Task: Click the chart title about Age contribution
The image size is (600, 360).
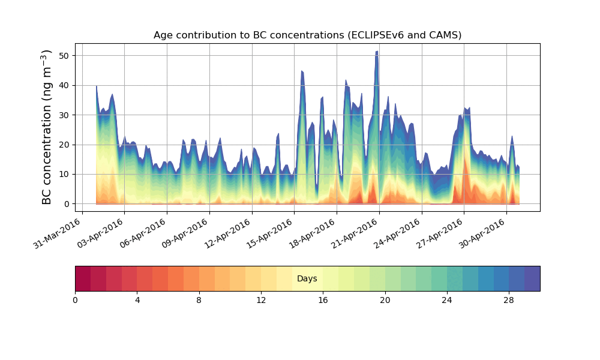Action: coord(307,35)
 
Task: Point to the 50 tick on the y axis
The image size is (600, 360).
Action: coord(67,55)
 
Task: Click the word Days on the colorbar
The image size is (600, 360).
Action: coord(307,279)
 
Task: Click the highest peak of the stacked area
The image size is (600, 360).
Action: coord(377,52)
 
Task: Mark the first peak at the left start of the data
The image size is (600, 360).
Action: coord(97,86)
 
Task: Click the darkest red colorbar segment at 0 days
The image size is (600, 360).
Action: coord(83,278)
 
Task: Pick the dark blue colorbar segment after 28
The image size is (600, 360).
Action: coord(532,278)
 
